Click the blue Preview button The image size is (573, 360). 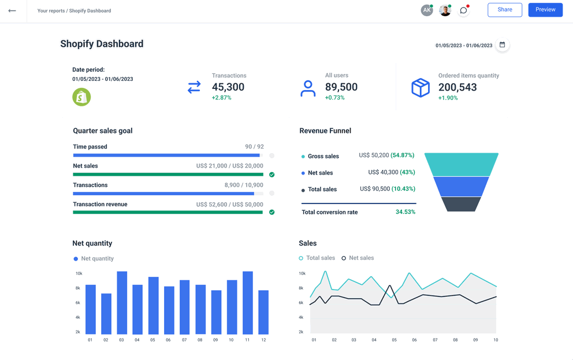coord(545,10)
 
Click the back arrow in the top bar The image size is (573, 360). coord(12,10)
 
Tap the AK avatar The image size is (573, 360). coord(426,10)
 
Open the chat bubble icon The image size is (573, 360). coord(463,10)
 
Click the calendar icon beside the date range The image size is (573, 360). coord(502,45)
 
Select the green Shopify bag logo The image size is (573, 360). coord(81,97)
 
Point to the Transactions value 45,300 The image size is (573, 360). coord(228,87)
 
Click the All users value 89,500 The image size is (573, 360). coord(341,87)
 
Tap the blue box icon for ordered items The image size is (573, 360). coord(421,88)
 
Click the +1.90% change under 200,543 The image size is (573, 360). coord(448,98)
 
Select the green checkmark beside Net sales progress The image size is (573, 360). coord(271,175)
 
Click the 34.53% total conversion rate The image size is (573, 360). coord(405,212)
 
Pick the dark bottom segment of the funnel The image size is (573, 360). coord(461,204)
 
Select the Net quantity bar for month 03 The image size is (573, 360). coord(122,303)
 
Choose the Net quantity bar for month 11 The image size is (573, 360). coord(248,303)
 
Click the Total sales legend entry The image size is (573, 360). coord(317,258)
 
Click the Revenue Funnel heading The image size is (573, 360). coord(325,131)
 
